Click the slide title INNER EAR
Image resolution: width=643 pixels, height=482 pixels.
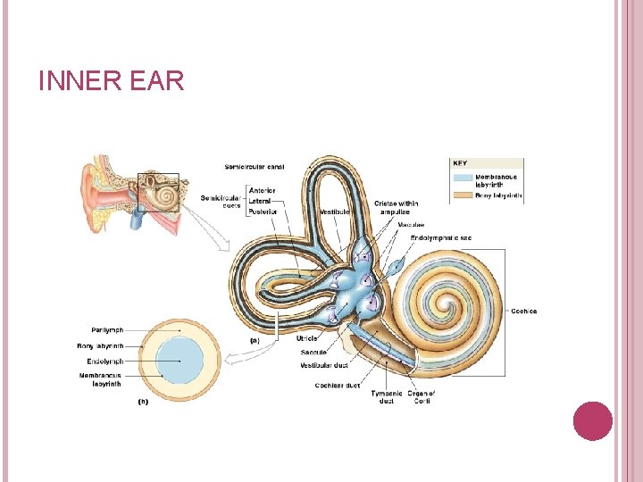[112, 82]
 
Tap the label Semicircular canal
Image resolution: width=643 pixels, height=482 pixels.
[255, 166]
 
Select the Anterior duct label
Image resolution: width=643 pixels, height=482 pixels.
[263, 190]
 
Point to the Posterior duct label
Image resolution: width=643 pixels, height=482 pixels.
[263, 212]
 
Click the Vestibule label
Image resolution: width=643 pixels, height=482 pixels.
[335, 212]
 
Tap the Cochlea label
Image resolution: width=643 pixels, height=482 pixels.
[523, 312]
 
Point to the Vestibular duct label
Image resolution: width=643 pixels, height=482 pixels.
[323, 365]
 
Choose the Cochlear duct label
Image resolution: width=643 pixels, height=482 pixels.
[337, 386]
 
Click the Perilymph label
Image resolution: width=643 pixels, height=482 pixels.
[107, 330]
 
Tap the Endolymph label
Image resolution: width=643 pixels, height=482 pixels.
[106, 361]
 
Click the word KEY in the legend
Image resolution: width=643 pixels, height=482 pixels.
[460, 163]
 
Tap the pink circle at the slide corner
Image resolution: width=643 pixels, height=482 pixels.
[592, 420]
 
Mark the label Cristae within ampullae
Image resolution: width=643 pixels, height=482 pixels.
[396, 207]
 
